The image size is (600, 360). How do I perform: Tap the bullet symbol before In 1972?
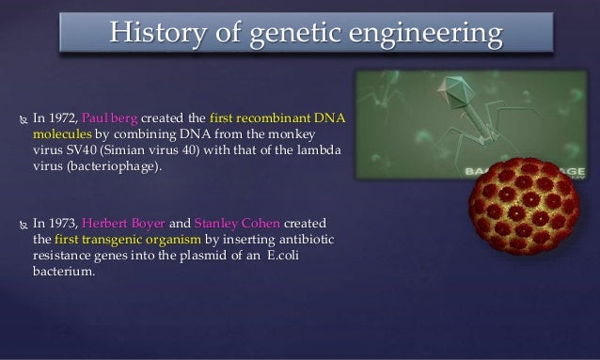click(x=18, y=119)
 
